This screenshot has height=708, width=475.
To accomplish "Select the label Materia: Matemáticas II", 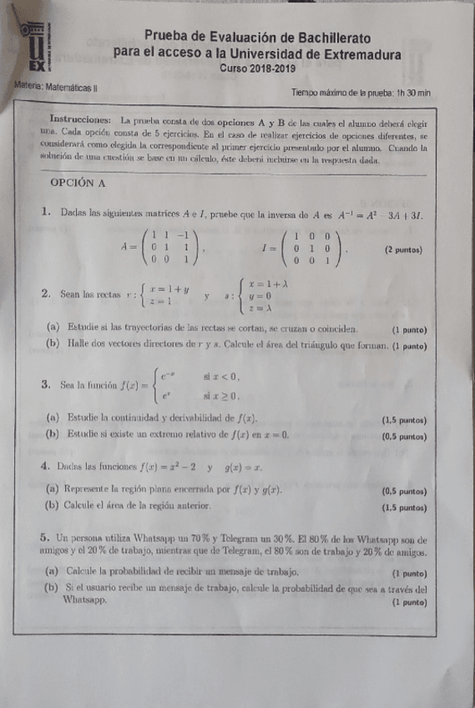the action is click(56, 86).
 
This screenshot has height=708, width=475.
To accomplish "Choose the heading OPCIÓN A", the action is click(78, 181).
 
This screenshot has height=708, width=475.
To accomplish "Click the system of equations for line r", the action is click(163, 293).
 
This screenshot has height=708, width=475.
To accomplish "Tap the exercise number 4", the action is click(44, 467).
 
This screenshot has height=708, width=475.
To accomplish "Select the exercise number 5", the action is click(43, 539).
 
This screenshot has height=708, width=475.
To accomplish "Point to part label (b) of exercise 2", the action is click(53, 344).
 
